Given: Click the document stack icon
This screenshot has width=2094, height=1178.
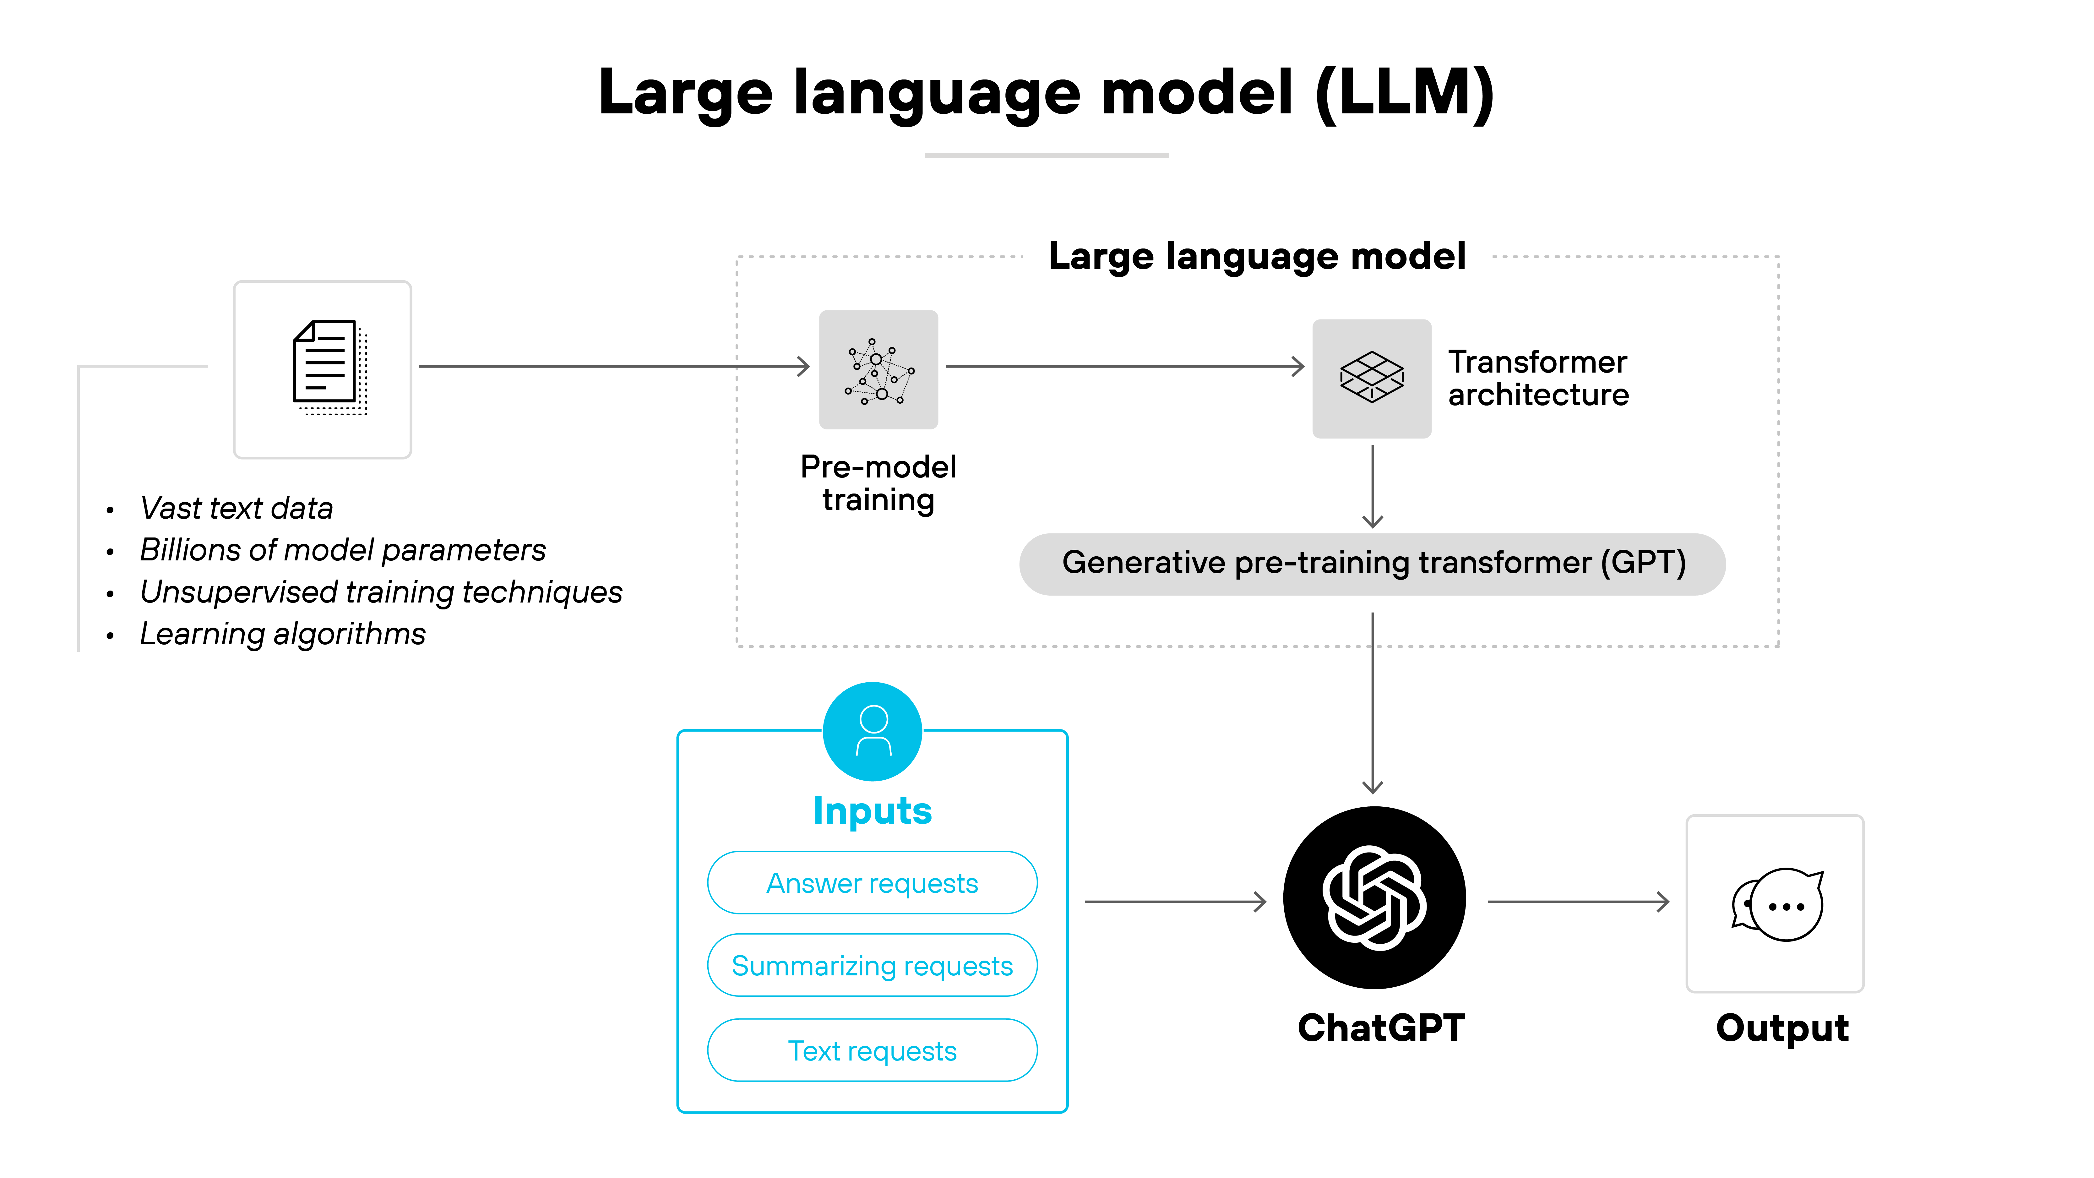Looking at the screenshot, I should (x=329, y=368).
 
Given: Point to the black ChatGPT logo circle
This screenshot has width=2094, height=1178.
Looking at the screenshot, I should (x=1374, y=897).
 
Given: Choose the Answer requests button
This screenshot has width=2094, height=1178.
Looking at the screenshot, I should (x=872, y=883).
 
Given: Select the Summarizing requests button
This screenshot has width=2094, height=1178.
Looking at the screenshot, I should (x=872, y=966).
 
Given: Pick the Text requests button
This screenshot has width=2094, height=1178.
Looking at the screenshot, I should (x=872, y=1050).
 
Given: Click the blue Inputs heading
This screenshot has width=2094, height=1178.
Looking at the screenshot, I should (x=872, y=810).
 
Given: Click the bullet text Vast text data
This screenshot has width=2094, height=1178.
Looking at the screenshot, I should (x=237, y=508).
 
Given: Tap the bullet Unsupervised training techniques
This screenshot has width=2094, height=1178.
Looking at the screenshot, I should (x=380, y=592).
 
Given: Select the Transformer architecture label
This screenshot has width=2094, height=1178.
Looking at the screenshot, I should (x=1538, y=378).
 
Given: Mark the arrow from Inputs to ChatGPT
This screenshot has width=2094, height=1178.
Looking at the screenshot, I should (x=1175, y=902).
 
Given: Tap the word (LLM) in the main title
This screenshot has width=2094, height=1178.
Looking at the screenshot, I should (x=1404, y=93).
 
